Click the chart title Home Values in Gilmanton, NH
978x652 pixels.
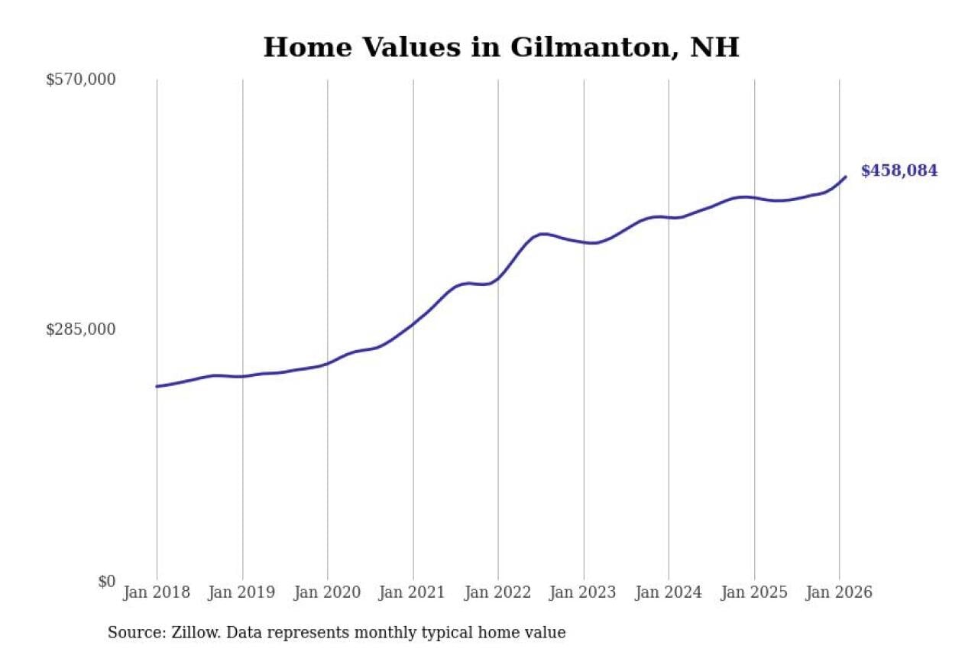[x=501, y=47]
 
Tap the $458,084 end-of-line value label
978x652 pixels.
[x=899, y=171]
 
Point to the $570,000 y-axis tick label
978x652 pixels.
[x=81, y=79]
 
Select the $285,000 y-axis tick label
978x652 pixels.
[x=81, y=329]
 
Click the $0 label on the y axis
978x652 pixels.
[x=106, y=581]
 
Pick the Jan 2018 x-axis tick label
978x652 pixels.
[x=157, y=592]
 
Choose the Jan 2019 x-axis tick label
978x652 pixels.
[x=242, y=592]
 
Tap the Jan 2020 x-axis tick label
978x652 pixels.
[x=328, y=592]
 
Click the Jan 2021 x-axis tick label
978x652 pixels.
[x=413, y=592]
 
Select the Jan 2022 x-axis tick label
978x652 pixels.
[x=498, y=592]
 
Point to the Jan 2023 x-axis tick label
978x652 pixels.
[x=584, y=592]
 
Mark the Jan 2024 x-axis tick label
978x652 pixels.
[x=669, y=592]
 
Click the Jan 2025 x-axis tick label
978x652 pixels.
[x=754, y=592]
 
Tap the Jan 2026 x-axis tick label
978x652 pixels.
[x=839, y=592]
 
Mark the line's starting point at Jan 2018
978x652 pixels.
[x=157, y=386]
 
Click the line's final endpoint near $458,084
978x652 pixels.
[x=846, y=177]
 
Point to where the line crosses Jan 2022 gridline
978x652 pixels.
[x=498, y=277]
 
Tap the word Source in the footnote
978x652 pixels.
[x=131, y=633]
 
